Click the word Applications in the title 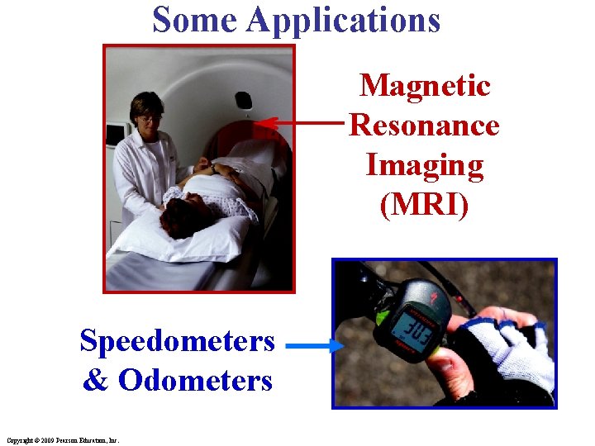pyautogui.click(x=343, y=21)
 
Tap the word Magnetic pyautogui.click(x=425, y=85)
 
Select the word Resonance pyautogui.click(x=424, y=126)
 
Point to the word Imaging pyautogui.click(x=424, y=165)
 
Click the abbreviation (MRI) pyautogui.click(x=424, y=205)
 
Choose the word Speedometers pyautogui.click(x=177, y=340)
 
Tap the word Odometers pyautogui.click(x=195, y=380)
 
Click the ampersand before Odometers pyautogui.click(x=95, y=380)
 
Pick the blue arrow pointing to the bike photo pyautogui.click(x=314, y=347)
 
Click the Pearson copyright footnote pyautogui.click(x=62, y=440)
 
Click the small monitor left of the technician pyautogui.click(x=114, y=135)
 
